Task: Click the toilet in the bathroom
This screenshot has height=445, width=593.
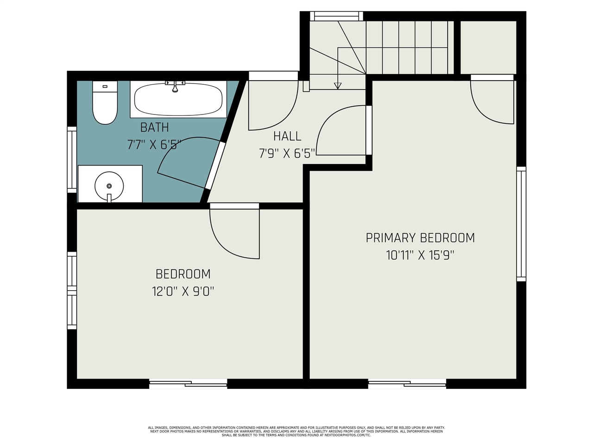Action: click(x=105, y=102)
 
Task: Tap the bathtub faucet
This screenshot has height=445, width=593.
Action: click(x=175, y=86)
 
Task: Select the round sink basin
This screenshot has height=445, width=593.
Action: click(x=109, y=186)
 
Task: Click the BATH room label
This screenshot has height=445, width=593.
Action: click(x=155, y=127)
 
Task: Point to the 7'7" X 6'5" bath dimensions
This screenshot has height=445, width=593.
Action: click(x=154, y=145)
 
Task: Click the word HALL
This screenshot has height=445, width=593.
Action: click(x=287, y=136)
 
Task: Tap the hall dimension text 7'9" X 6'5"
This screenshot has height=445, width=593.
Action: click(x=287, y=153)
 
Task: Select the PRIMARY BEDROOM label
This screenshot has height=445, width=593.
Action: click(x=420, y=238)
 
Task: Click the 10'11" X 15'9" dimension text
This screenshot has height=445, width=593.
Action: click(x=420, y=255)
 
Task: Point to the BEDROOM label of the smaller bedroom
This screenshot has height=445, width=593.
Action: click(x=183, y=274)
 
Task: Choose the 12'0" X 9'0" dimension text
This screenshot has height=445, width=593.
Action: click(x=183, y=291)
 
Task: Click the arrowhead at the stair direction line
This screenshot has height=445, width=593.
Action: click(x=338, y=86)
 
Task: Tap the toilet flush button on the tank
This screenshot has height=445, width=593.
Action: click(x=105, y=87)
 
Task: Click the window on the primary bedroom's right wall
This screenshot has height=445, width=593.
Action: click(x=521, y=224)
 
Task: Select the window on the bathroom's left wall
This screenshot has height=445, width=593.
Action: click(x=72, y=159)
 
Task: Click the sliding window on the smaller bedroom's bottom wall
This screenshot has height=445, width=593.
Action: click(x=188, y=384)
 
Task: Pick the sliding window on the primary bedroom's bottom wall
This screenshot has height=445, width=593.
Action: click(x=407, y=384)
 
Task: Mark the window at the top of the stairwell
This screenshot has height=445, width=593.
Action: click(x=336, y=16)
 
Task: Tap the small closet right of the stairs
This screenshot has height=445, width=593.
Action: click(x=488, y=48)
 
